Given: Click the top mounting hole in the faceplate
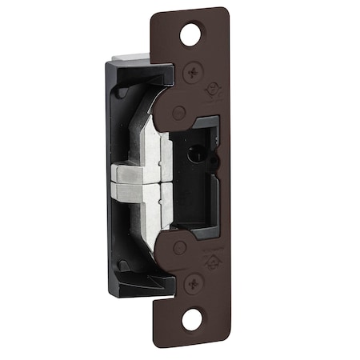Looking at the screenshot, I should coord(190,35).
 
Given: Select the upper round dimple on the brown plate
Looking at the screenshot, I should coord(179,113).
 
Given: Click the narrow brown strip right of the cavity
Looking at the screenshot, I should coord(222,176).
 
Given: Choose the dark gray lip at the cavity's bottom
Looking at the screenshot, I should coord(196,226).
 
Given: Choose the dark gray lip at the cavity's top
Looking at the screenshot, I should coord(200,122).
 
